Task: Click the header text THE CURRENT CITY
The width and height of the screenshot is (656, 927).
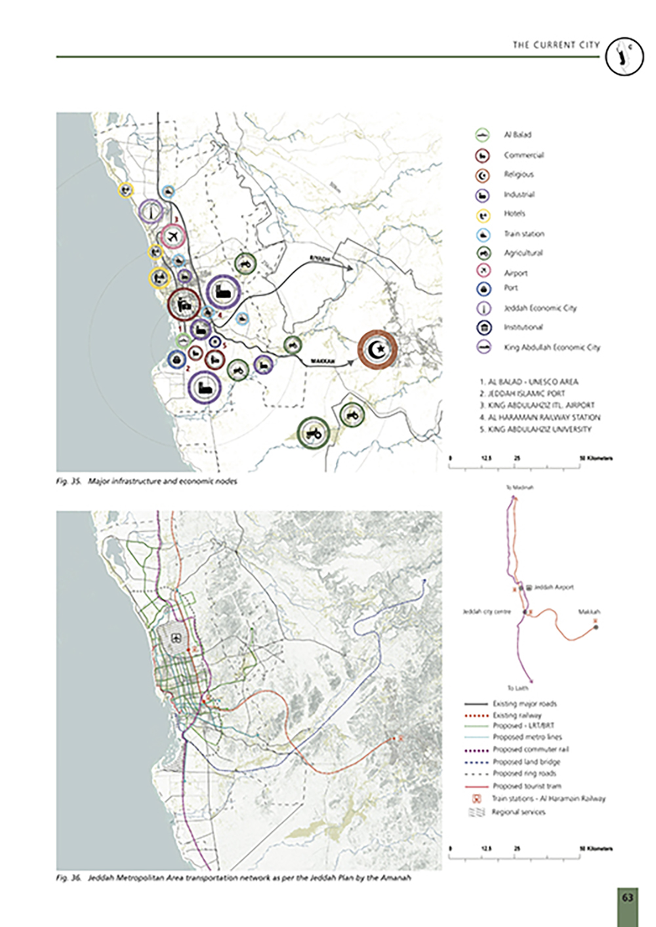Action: click(x=556, y=45)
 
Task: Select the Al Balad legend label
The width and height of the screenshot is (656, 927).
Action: click(x=518, y=135)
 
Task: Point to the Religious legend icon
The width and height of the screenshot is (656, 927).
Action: click(x=483, y=175)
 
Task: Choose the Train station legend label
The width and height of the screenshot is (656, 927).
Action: click(x=523, y=234)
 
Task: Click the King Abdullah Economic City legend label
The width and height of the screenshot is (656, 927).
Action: click(x=551, y=347)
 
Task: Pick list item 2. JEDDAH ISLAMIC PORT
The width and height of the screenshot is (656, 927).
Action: click(x=522, y=393)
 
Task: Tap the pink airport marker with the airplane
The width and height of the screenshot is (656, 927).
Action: click(x=173, y=235)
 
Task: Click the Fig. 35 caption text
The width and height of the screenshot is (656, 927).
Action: click(x=146, y=482)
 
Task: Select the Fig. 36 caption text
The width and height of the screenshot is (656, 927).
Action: click(x=233, y=878)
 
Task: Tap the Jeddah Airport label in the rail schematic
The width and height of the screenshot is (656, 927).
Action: click(x=553, y=587)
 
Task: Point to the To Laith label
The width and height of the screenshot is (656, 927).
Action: click(x=518, y=688)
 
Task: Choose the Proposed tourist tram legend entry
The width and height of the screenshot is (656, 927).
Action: click(x=526, y=786)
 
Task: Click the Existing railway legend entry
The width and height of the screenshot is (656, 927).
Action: click(x=517, y=715)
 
